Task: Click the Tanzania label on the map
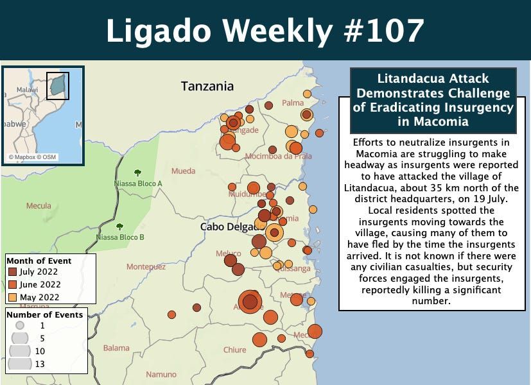pos(207,86)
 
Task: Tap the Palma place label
pos(293,103)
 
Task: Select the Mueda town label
pos(183,171)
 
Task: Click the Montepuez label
pos(146,266)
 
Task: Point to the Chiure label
pos(234,350)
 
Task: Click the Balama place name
pos(116,348)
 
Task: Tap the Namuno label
pos(161,375)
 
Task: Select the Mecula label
pos(39,206)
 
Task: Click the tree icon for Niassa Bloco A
pos(137,173)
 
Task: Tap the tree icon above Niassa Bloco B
pos(119,227)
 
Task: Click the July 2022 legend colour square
pos(12,272)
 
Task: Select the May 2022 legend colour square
pos(12,297)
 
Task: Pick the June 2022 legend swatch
pos(12,284)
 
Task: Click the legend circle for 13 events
pos(20,364)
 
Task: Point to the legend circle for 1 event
pos(20,325)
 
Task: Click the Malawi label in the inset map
pos(27,90)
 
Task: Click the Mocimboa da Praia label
pos(278,156)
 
